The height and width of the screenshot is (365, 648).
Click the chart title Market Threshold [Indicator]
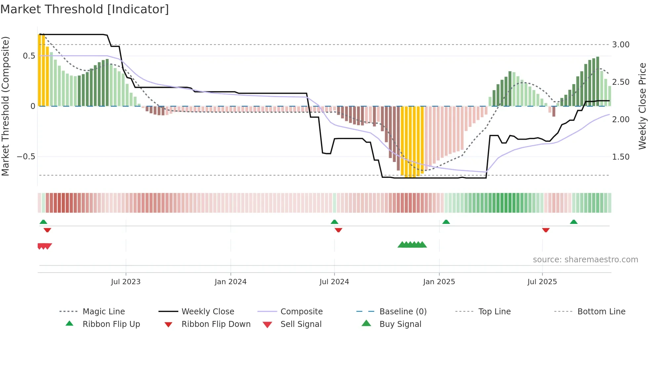(85, 9)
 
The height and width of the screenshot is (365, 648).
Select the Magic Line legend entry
(103, 312)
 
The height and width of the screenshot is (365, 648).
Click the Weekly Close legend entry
(208, 312)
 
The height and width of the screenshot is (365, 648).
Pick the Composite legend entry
(302, 312)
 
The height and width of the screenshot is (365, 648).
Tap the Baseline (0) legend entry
(403, 312)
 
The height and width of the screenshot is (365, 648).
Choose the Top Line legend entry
(494, 312)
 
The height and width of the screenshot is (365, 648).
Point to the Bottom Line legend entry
(601, 312)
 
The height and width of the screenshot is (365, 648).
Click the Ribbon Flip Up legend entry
(111, 324)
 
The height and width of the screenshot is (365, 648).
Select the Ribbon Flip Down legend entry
(216, 324)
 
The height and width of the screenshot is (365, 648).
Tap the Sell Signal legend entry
(301, 324)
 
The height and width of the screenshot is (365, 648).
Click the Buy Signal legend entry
(400, 324)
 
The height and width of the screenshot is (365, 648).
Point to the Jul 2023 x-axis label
(126, 282)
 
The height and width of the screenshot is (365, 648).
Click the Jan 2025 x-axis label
(439, 282)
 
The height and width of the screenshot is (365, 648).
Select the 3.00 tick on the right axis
(621, 45)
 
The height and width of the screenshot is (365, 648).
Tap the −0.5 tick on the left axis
(26, 157)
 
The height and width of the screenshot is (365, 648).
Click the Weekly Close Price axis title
(642, 106)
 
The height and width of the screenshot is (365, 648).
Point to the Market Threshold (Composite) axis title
(5, 106)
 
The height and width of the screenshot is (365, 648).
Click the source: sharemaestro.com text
(585, 260)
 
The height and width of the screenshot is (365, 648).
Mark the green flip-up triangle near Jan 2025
(446, 222)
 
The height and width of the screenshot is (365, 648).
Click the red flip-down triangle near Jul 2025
(546, 230)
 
